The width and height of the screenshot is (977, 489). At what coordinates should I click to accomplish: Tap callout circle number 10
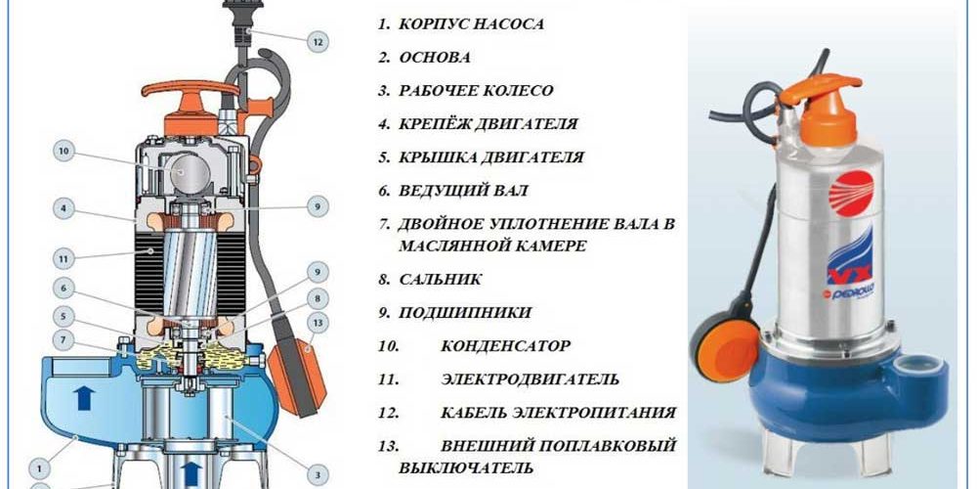coord(64,152)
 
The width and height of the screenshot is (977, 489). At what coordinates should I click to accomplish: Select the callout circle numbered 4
coord(64,208)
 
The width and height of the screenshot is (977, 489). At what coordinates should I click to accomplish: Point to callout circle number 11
coord(64,260)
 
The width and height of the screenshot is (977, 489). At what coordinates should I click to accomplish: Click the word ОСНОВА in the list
coord(436,57)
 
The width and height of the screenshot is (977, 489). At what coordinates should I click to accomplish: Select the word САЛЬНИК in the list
coord(440,280)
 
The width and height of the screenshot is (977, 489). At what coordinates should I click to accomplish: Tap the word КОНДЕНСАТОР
coord(505,346)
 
